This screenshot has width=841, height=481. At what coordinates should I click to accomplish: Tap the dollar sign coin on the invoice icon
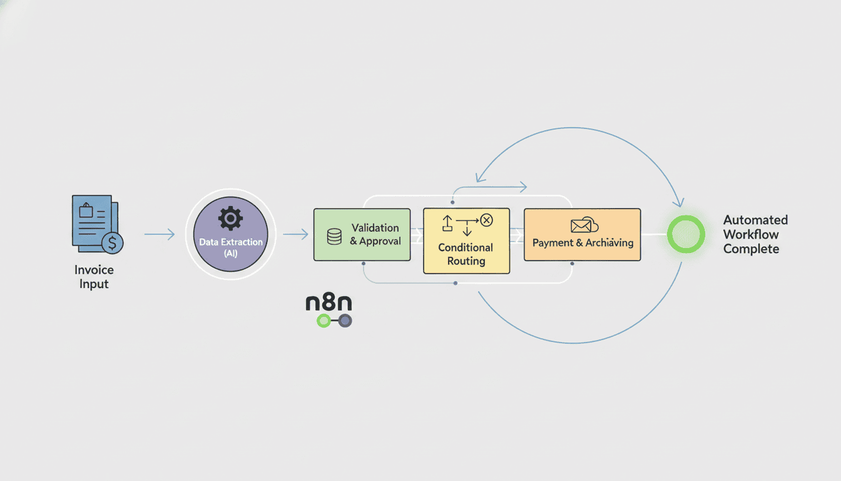112,242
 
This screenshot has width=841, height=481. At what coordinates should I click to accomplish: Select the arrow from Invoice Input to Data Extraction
160,234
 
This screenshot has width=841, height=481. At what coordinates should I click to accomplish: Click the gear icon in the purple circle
230,219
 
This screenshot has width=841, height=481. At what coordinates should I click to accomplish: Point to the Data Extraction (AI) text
230,247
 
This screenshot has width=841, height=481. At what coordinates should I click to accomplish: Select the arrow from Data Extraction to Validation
295,234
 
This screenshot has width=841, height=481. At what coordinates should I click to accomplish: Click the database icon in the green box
334,236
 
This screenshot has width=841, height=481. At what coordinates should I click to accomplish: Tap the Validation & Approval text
375,234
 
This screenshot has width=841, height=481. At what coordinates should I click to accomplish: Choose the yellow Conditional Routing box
466,241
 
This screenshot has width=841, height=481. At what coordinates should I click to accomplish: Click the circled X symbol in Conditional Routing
486,220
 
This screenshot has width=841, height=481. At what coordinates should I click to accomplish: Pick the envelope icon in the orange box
581,225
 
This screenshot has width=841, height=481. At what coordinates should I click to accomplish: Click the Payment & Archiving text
583,243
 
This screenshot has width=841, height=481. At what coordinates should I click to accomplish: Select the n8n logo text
329,303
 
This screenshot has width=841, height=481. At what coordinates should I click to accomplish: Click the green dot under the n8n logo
323,321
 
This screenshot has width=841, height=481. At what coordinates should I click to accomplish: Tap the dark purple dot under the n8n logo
345,321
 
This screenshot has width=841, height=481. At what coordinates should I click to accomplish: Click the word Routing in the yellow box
466,261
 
